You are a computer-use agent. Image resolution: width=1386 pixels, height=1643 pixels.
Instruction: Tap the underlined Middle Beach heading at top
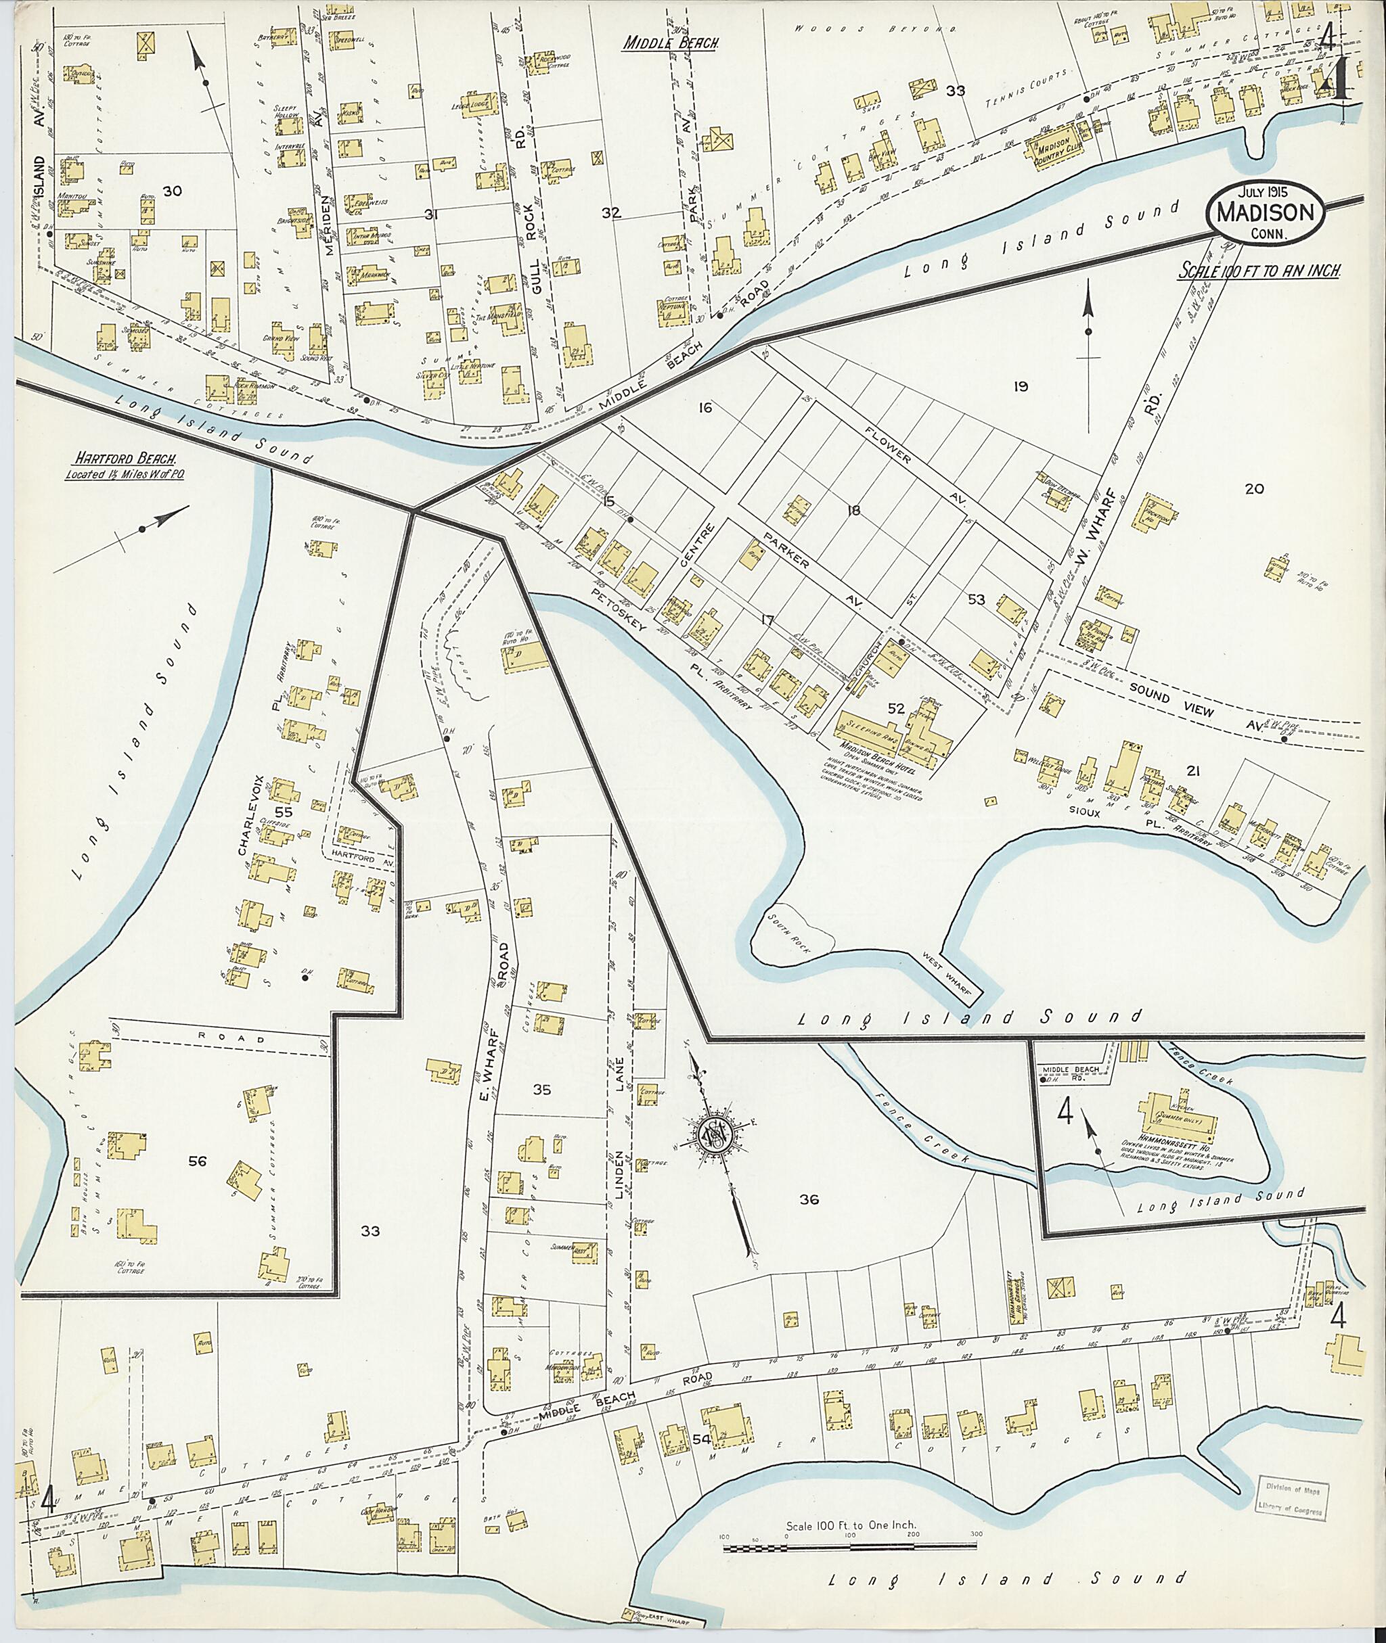[x=670, y=44]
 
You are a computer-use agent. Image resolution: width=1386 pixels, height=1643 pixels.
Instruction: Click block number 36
[x=809, y=1199]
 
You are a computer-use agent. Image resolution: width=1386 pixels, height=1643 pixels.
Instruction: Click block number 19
[x=1021, y=386]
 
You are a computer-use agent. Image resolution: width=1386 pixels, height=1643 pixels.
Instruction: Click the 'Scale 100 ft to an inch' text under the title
[x=1257, y=269]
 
